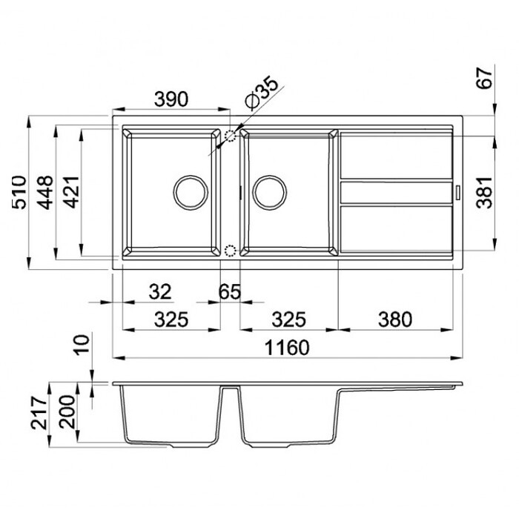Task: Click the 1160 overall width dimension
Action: click(x=288, y=347)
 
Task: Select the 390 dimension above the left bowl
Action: click(x=171, y=99)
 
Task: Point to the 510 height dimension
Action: click(x=19, y=192)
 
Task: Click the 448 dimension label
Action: click(x=45, y=192)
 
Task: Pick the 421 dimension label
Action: click(x=72, y=192)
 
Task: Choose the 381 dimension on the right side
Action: click(x=484, y=192)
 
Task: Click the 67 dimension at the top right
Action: click(x=484, y=78)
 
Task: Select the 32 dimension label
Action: click(x=160, y=291)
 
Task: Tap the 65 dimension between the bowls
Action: click(x=230, y=291)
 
